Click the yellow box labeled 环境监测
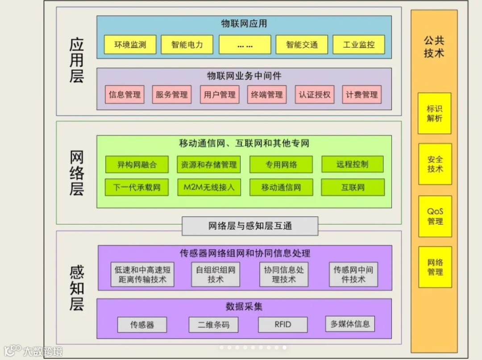pos(130,45)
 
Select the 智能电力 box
pos(187,45)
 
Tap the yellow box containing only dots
pos(245,45)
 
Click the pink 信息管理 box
pos(125,95)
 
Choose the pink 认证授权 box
pos(315,95)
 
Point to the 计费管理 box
pos(361,95)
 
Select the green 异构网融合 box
pos(137,164)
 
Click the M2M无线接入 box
pos(209,187)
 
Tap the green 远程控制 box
pos(353,164)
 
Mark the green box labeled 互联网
pos(353,187)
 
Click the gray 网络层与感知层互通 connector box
pos(250,226)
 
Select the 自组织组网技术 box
pos(216,274)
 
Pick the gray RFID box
pos(283,324)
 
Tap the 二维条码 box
pos(213,324)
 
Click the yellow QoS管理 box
pos(435,216)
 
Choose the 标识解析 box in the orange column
pos(434,113)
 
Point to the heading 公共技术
pos(434,47)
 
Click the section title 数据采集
pos(244,306)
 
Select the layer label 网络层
pos(77,173)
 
